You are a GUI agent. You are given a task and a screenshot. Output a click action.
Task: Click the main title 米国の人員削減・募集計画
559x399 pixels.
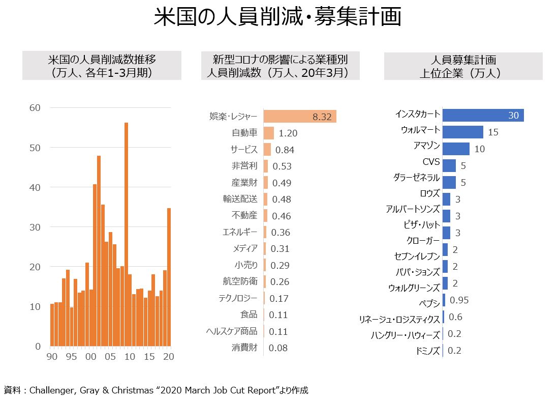coord(277,17)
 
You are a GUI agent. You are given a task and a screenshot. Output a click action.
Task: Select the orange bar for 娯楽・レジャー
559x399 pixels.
coord(299,117)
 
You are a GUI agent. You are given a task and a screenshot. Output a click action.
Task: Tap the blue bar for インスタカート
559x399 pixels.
coord(483,115)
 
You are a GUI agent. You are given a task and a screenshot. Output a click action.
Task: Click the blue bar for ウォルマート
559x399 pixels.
coord(462,132)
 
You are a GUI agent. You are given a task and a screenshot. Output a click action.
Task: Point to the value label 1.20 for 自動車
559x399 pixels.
coord(288,133)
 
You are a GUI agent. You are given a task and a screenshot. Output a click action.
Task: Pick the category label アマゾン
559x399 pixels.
coord(426,147)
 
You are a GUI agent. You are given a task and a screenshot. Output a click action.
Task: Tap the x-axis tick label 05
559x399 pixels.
coord(110,357)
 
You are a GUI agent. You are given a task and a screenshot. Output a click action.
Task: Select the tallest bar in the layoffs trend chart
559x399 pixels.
coord(126,234)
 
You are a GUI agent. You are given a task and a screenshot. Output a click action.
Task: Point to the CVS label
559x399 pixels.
coord(431,162)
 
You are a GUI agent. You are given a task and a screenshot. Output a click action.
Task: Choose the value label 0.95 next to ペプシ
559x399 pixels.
coord(459,300)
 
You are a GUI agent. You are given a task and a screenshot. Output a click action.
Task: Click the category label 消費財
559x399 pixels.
coord(245,348)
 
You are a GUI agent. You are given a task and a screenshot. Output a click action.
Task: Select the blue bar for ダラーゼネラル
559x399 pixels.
coord(449,182)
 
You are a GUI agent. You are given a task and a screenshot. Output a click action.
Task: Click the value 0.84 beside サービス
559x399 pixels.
coord(285,150)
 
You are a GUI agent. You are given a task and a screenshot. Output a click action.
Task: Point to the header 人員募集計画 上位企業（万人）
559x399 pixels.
coord(462,66)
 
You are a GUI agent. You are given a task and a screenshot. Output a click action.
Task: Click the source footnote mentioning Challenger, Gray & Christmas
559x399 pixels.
coord(154,390)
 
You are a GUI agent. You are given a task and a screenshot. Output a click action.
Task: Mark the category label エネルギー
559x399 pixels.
coord(240,233)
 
